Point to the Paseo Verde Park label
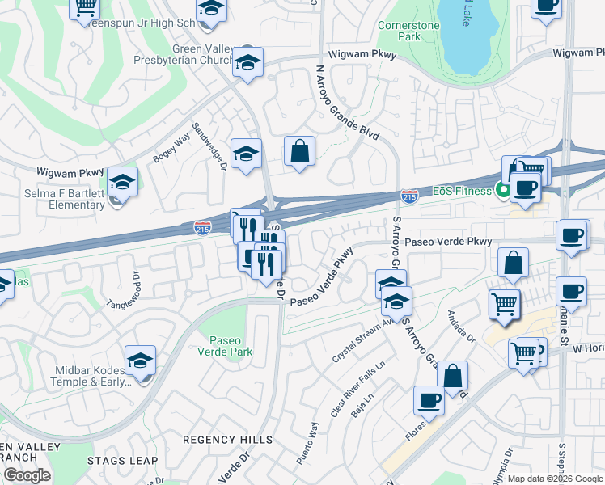231,346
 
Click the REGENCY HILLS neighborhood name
227,439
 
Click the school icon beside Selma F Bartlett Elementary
122,182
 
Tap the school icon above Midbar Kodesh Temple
140,361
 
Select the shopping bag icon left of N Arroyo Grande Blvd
299,151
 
